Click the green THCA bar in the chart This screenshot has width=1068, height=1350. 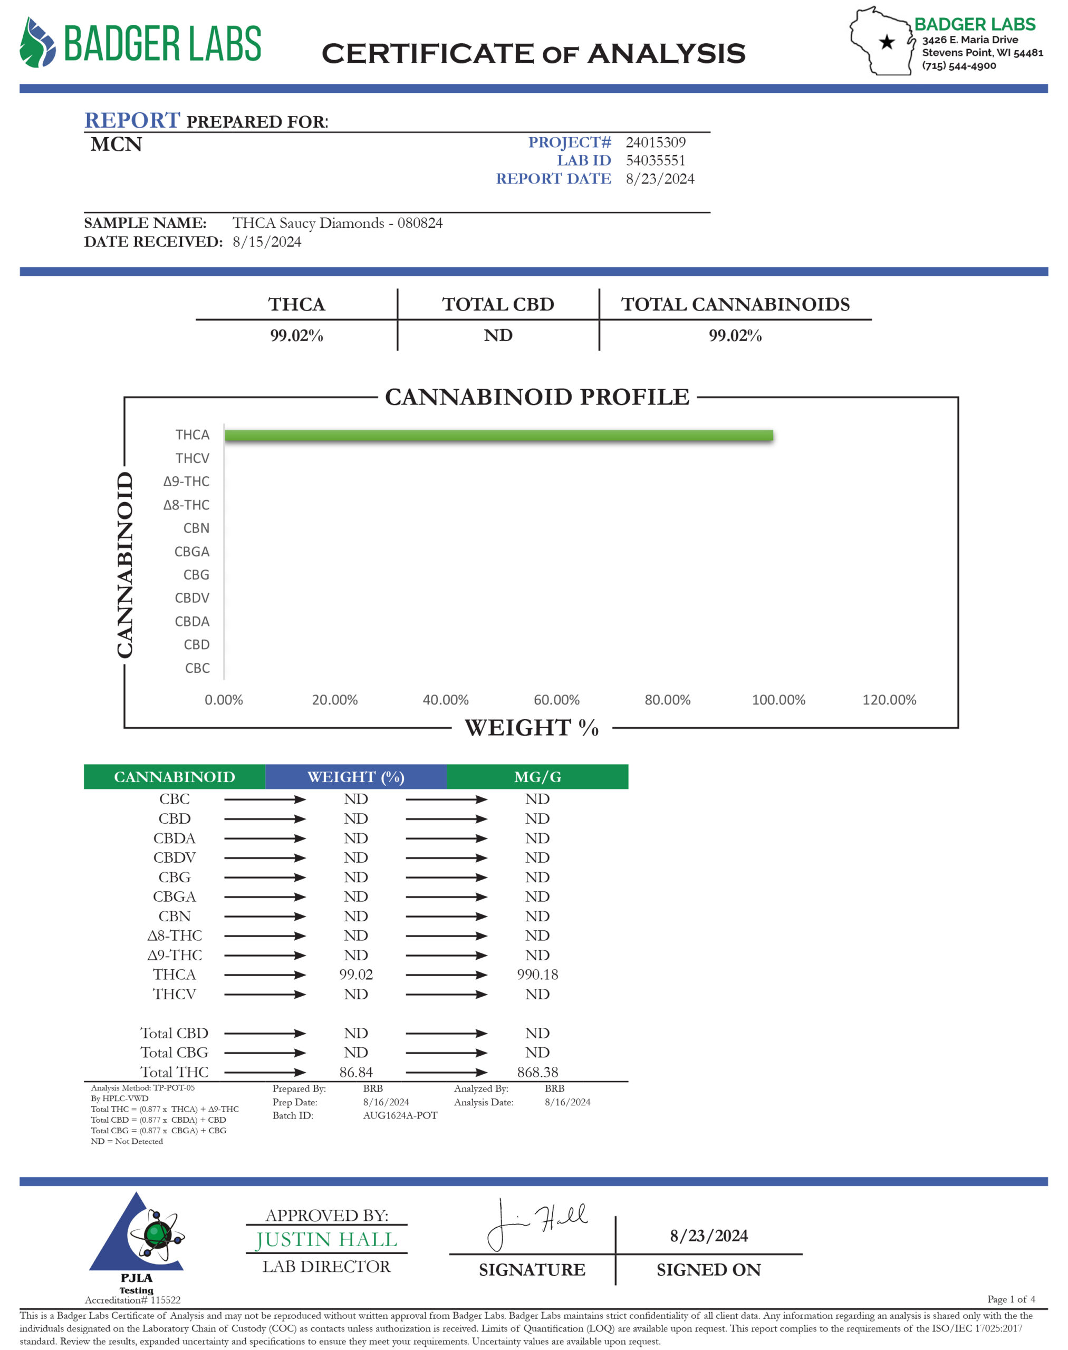498,435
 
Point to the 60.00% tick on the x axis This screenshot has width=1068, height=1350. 556,700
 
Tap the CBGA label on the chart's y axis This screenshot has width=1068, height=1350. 192,552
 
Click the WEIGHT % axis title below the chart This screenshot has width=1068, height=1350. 532,728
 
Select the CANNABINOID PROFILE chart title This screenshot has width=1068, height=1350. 536,397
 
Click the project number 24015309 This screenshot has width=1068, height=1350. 656,142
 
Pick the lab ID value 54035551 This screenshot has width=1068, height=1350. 656,161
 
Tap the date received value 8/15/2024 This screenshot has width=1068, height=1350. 267,242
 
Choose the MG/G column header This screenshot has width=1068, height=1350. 537,777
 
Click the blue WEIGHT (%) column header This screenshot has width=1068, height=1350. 356,777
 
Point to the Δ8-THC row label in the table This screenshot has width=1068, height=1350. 175,936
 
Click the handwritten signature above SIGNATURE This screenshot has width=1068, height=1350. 536,1222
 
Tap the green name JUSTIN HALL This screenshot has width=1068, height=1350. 326,1239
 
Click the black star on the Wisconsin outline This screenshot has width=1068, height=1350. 887,43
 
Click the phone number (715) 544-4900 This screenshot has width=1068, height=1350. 959,66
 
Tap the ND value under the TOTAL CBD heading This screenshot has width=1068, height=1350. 498,336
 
